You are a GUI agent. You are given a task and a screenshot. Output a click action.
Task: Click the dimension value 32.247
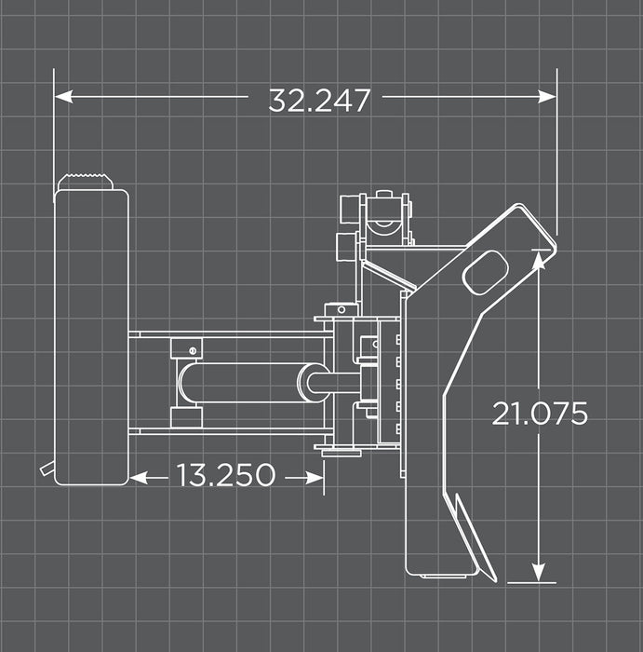coord(319,100)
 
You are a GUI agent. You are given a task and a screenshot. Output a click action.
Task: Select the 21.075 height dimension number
coord(540,414)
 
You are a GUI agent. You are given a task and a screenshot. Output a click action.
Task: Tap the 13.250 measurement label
coord(226,476)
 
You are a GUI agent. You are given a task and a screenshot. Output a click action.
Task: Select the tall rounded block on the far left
coord(91,335)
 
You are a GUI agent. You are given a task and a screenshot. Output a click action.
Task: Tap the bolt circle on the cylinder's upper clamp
coord(193,349)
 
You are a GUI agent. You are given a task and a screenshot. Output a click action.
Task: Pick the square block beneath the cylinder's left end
coord(187,416)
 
